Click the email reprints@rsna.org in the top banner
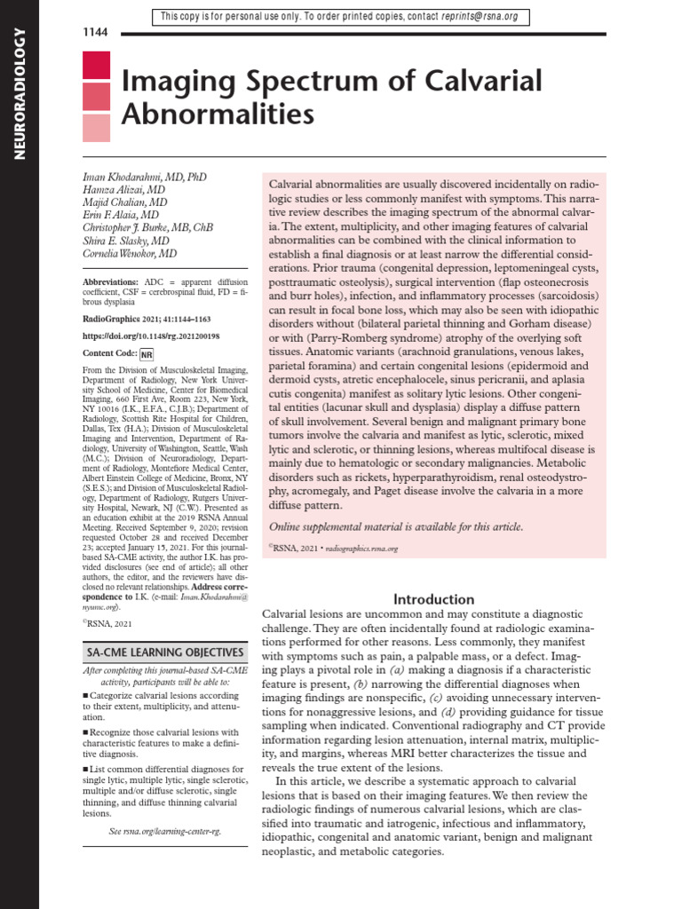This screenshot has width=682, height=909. click(x=480, y=17)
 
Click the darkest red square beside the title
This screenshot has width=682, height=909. click(x=96, y=65)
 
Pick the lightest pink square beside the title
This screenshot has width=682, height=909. click(x=96, y=129)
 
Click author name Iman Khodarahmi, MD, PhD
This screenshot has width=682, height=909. click(x=144, y=178)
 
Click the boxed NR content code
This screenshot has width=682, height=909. click(x=147, y=353)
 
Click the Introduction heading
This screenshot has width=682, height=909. click(x=434, y=599)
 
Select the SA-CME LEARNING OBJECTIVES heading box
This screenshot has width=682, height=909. click(x=163, y=652)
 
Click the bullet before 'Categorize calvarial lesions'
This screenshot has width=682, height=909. click(x=84, y=696)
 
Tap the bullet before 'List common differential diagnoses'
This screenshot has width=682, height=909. click(x=84, y=769)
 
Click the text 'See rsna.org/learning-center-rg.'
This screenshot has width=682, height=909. click(x=164, y=832)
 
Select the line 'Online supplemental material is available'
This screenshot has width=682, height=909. click(x=396, y=526)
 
